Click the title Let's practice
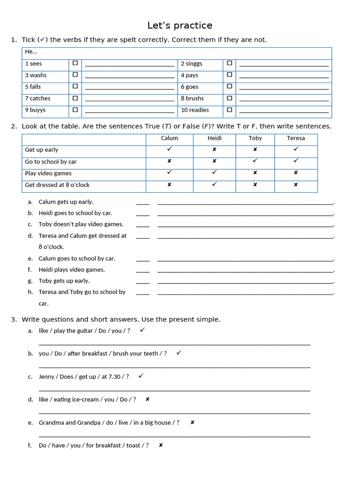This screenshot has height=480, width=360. (180, 25)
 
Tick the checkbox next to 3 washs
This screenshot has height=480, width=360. (75, 75)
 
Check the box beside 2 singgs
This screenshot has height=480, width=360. (229, 63)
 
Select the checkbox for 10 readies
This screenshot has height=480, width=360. (229, 110)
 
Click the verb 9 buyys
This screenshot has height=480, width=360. (35, 110)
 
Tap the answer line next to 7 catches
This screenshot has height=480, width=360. (129, 100)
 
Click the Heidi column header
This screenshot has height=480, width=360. (214, 138)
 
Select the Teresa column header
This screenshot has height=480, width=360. (295, 138)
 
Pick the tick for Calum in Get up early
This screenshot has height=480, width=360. (169, 149)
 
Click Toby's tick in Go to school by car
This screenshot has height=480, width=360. (255, 161)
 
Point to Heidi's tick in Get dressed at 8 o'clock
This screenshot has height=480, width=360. (214, 184)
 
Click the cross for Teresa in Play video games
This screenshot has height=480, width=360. (295, 173)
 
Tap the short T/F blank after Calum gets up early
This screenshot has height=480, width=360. (142, 203)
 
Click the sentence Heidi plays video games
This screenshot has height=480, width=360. (72, 270)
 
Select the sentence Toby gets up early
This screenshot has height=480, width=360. (64, 281)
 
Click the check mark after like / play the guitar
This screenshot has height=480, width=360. (142, 330)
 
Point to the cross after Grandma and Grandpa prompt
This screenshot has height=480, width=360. (192, 422)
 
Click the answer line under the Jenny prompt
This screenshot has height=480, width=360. (174, 390)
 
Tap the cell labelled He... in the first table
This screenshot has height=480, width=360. (31, 52)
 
